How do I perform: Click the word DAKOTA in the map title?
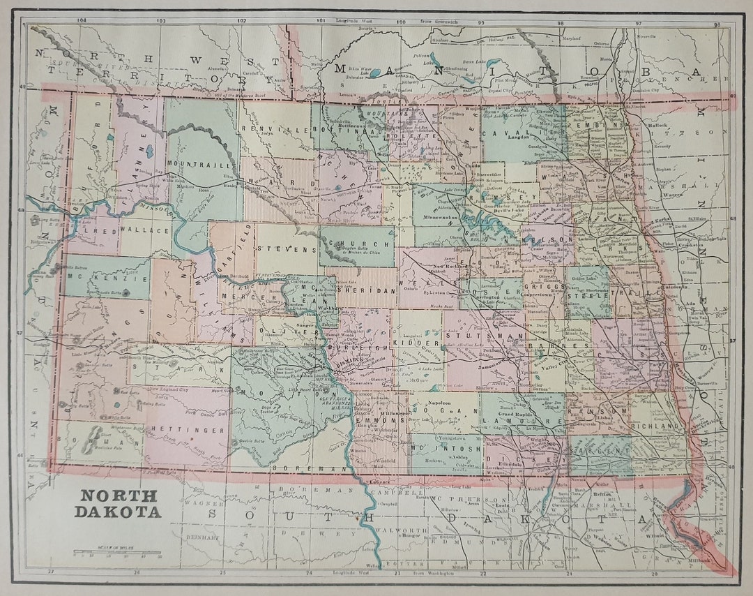point(119,512)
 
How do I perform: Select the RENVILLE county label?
point(264,128)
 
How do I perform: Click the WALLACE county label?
point(144,230)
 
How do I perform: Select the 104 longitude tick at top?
point(82,21)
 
